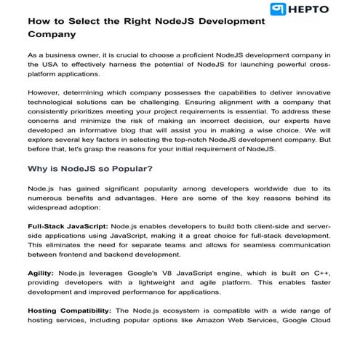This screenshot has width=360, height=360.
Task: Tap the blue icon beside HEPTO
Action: [277, 9]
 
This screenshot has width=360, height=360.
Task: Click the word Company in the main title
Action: [52, 33]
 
